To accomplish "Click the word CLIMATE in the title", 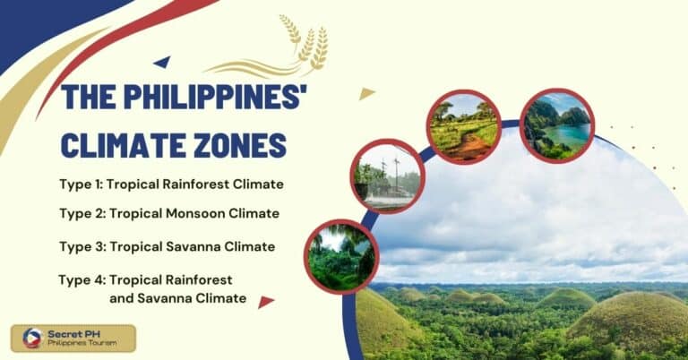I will [x=113, y=144].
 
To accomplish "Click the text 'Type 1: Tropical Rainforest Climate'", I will [x=171, y=184].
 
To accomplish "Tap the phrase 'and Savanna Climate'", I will [x=177, y=298].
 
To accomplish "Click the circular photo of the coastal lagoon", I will [x=557, y=125].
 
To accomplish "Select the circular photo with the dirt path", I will [x=463, y=126].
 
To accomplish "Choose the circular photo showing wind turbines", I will [x=388, y=176].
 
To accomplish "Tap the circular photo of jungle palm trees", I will [x=341, y=256].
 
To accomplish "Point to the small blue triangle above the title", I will [x=162, y=62].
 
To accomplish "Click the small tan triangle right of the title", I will [x=365, y=93].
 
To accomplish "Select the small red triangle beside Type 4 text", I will [x=265, y=302].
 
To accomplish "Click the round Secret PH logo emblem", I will [x=32, y=338].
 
